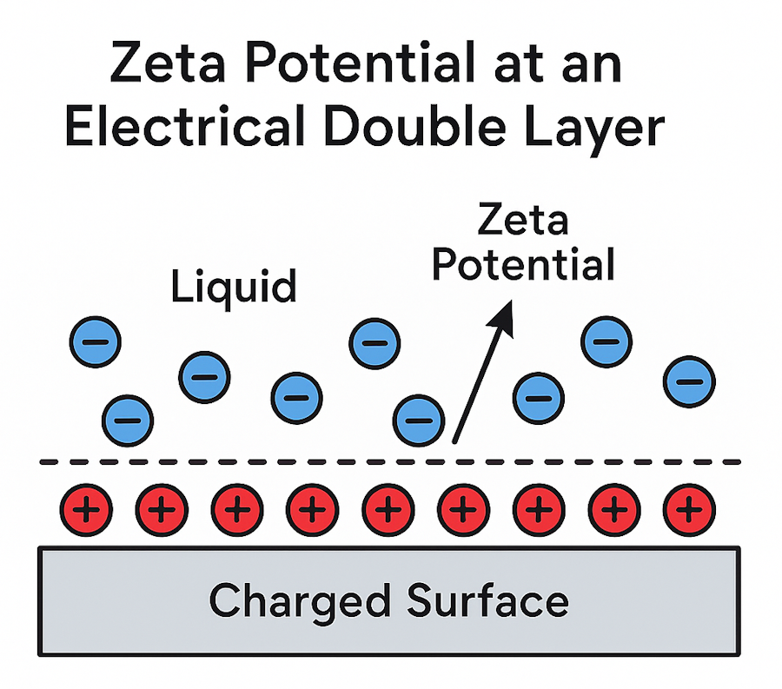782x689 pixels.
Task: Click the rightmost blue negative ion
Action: [x=689, y=380]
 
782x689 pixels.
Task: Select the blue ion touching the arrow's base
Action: [x=419, y=419]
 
